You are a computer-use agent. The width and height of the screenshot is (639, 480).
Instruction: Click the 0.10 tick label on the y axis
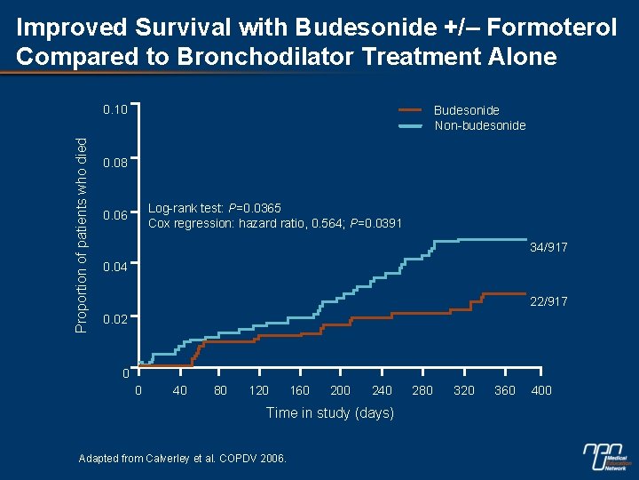coord(116,110)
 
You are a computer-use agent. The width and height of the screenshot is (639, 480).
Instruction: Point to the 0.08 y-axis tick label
coord(116,164)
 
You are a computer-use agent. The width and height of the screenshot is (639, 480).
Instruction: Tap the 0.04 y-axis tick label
coord(116,267)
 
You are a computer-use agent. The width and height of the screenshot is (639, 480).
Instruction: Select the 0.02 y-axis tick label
coord(116,318)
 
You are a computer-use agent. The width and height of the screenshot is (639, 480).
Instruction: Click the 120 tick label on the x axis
coord(259,390)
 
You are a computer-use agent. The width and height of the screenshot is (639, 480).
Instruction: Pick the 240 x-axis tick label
coord(382,390)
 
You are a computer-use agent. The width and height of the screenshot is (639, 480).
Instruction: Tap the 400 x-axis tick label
coord(540,390)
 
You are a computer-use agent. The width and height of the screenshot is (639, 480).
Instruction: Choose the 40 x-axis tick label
coord(180,390)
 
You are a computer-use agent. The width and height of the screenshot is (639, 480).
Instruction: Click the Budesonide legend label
coord(466,110)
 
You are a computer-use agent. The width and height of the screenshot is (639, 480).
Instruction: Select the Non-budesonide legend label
coord(479,125)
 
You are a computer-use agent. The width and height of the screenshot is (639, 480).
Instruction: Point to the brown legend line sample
coord(411,110)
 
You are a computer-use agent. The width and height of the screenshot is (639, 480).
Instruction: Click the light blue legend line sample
coord(411,126)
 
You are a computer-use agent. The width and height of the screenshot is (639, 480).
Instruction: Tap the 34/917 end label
coord(548,247)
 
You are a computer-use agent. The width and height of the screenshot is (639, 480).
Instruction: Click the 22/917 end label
coord(548,302)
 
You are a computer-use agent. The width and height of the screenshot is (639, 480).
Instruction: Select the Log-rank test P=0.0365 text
coord(215,209)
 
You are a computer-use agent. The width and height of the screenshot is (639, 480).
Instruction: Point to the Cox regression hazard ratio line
coord(274,223)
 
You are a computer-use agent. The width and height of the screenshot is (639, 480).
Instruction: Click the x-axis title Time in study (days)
coord(330,412)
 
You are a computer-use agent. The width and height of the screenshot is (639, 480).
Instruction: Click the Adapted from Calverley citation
coord(183,459)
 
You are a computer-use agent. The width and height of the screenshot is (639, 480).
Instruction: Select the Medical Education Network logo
coord(607,456)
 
